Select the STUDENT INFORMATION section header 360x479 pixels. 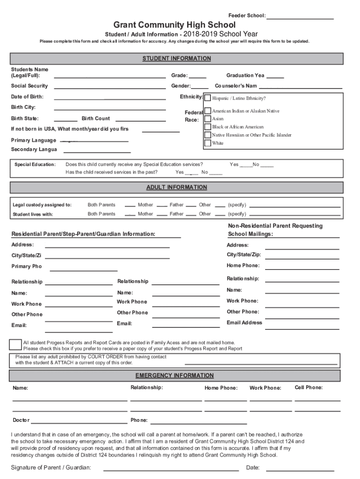click(176, 58)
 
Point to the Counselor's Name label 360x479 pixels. click(236, 86)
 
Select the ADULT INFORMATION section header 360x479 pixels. click(176, 187)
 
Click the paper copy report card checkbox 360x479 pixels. click(15, 345)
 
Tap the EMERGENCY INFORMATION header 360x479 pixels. click(174, 376)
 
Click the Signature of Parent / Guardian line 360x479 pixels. click(171, 469)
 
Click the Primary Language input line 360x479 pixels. click(96, 140)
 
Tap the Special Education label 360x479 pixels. click(35, 165)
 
